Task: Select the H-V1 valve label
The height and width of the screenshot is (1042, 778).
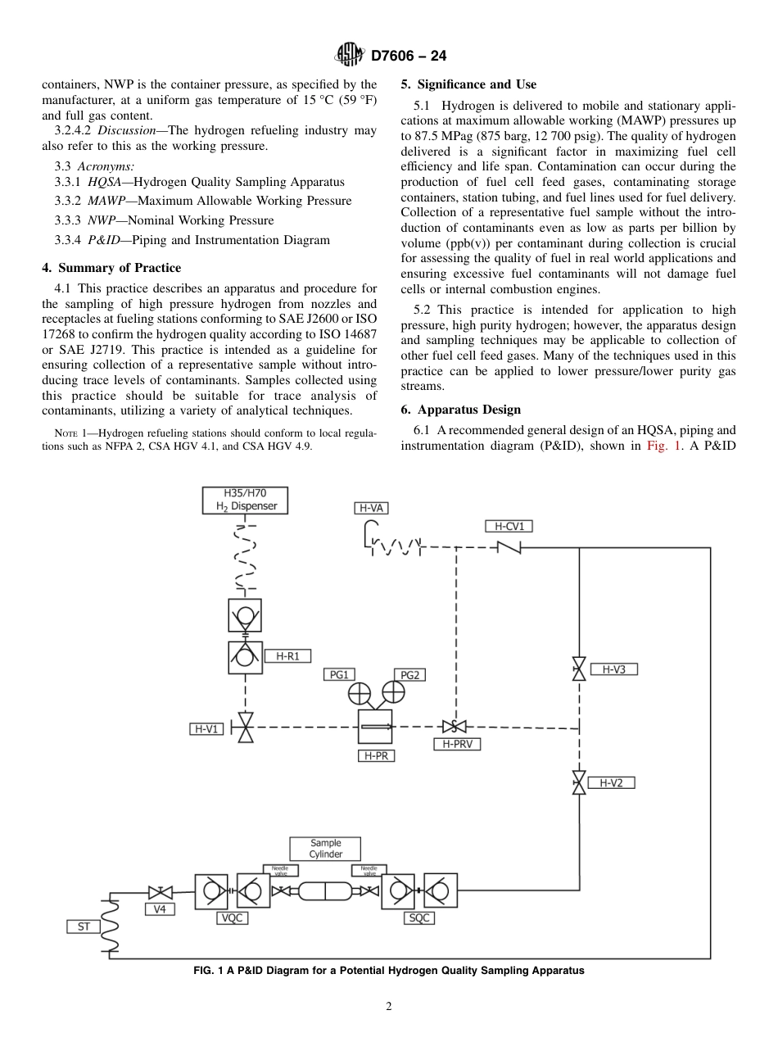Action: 206,728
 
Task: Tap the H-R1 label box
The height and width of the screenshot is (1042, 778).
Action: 287,656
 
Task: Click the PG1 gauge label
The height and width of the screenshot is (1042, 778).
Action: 339,674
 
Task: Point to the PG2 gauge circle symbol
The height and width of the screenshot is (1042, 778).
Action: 394,693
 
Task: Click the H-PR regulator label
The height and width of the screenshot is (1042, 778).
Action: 376,755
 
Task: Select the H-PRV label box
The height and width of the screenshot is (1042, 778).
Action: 456,744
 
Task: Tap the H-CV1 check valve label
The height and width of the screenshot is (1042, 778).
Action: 509,526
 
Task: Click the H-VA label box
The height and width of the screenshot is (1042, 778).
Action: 371,508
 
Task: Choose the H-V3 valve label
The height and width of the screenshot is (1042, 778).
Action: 613,669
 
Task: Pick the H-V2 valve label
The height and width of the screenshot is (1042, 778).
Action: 611,782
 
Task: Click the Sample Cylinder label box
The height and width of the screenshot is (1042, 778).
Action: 325,849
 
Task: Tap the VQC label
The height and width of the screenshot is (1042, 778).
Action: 233,918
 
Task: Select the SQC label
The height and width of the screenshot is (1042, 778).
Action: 418,918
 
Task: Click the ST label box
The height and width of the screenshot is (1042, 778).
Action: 84,926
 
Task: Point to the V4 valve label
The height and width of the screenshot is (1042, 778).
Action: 160,909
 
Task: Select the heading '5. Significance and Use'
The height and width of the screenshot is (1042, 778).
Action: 468,84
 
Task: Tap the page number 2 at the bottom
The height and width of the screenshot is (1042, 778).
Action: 389,1007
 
